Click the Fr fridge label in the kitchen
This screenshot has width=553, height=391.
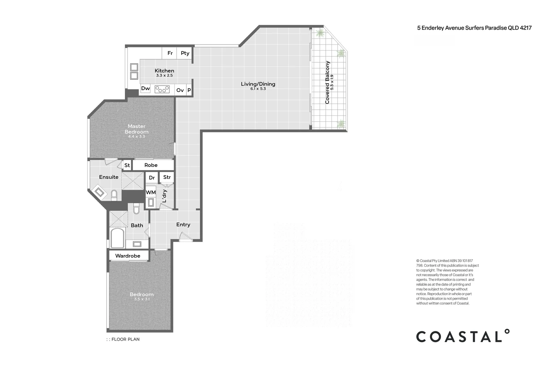coord(170,53)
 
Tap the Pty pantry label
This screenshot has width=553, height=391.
coord(185,53)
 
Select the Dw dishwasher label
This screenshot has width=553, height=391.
coord(145,88)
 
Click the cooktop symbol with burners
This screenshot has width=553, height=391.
coord(162,89)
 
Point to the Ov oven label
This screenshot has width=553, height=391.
coord(180,90)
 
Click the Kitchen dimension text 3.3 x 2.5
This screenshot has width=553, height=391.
coord(164,75)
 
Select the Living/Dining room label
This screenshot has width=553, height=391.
coord(258,84)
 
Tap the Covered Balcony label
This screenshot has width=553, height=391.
coord(328,82)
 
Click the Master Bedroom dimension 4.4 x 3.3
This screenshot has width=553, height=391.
coord(136,136)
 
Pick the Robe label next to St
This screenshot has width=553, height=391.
coord(151,165)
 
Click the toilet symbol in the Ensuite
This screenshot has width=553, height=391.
coord(114,195)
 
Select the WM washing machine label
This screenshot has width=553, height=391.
coord(151,192)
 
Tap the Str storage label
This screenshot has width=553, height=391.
coord(167,177)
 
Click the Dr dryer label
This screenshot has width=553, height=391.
coord(152,178)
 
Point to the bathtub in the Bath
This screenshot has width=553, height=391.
coord(117,238)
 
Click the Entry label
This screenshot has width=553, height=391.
coord(183,224)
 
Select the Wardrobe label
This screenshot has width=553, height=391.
coord(128,256)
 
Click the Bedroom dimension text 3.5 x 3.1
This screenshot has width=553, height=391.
coord(142,299)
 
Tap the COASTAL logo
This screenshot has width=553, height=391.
coord(463,336)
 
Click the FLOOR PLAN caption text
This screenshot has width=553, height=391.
coord(126,339)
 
